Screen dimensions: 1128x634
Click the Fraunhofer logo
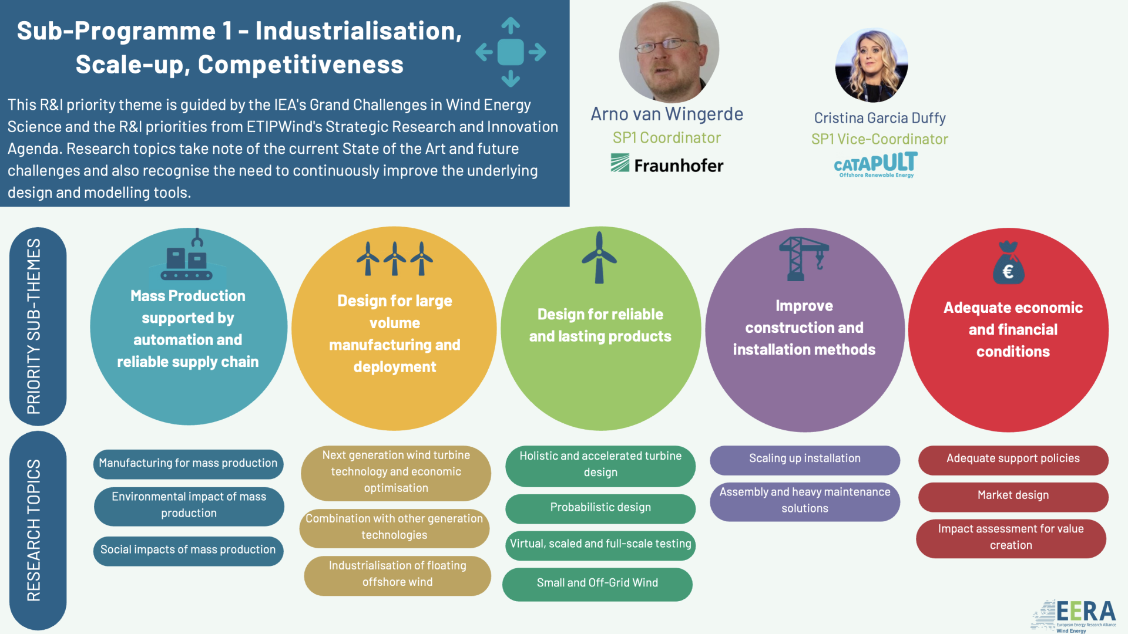(667, 164)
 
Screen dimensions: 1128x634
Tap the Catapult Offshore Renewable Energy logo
(875, 165)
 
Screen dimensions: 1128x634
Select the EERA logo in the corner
(1074, 616)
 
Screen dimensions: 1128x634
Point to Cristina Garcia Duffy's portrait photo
(872, 65)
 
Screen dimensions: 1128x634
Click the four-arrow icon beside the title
(511, 52)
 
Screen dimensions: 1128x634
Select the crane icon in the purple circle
(804, 259)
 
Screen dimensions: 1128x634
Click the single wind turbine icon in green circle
(599, 257)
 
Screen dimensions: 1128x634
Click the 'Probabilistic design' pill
(600, 508)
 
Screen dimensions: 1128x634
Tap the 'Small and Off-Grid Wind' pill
(597, 584)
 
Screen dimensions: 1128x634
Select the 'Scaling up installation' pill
(805, 459)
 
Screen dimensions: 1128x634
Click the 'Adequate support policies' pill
(1013, 459)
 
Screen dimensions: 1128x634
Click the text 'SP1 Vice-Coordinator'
(879, 139)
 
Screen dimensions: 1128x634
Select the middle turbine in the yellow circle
(395, 258)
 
